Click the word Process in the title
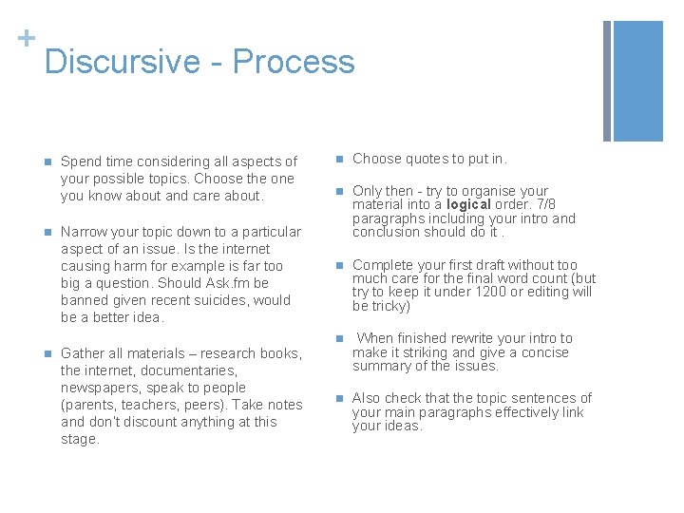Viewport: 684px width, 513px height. click(x=294, y=63)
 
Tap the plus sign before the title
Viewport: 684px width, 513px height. click(x=27, y=38)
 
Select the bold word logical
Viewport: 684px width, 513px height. click(x=469, y=204)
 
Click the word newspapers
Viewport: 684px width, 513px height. click(x=101, y=388)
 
